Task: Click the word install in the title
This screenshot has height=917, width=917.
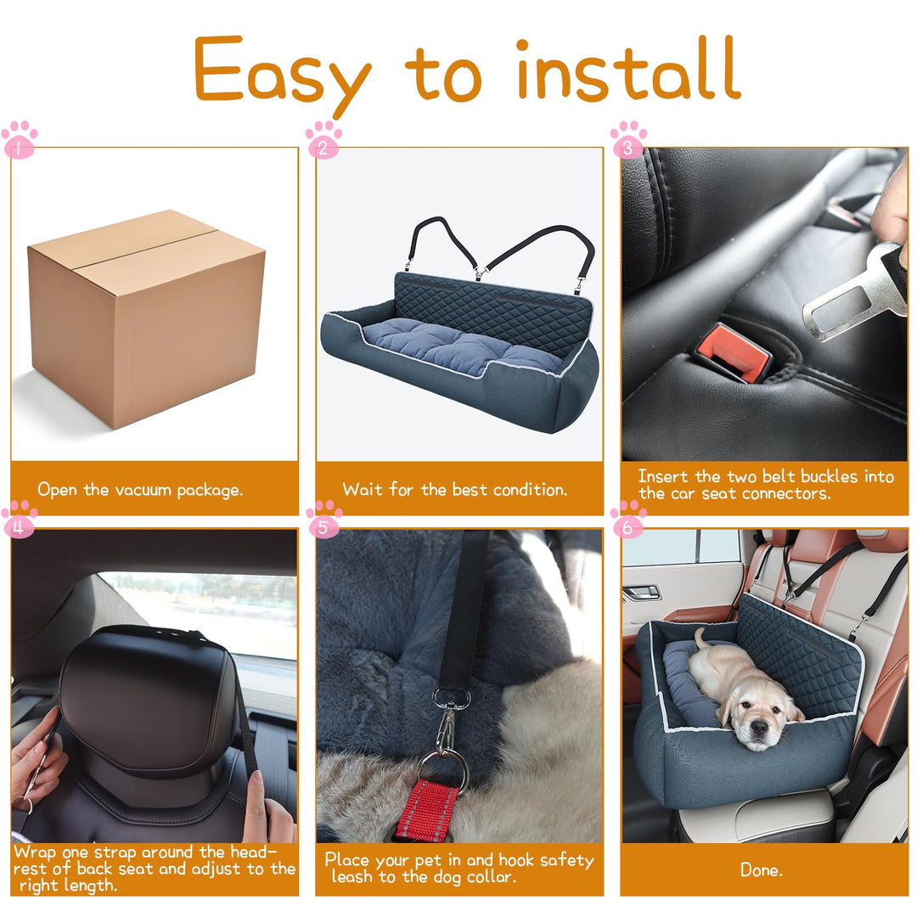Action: coord(628,71)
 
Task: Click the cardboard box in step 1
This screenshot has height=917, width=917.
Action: coord(146,318)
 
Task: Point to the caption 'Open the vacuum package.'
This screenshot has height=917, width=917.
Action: coord(140,490)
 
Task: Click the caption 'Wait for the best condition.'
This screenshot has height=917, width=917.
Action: coord(454,490)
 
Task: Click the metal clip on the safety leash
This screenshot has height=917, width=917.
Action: coord(446,730)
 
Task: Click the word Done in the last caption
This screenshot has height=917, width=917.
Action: coord(762,869)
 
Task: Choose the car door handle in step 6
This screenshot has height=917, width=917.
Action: coord(641,592)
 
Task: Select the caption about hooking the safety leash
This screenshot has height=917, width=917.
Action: coord(458,869)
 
